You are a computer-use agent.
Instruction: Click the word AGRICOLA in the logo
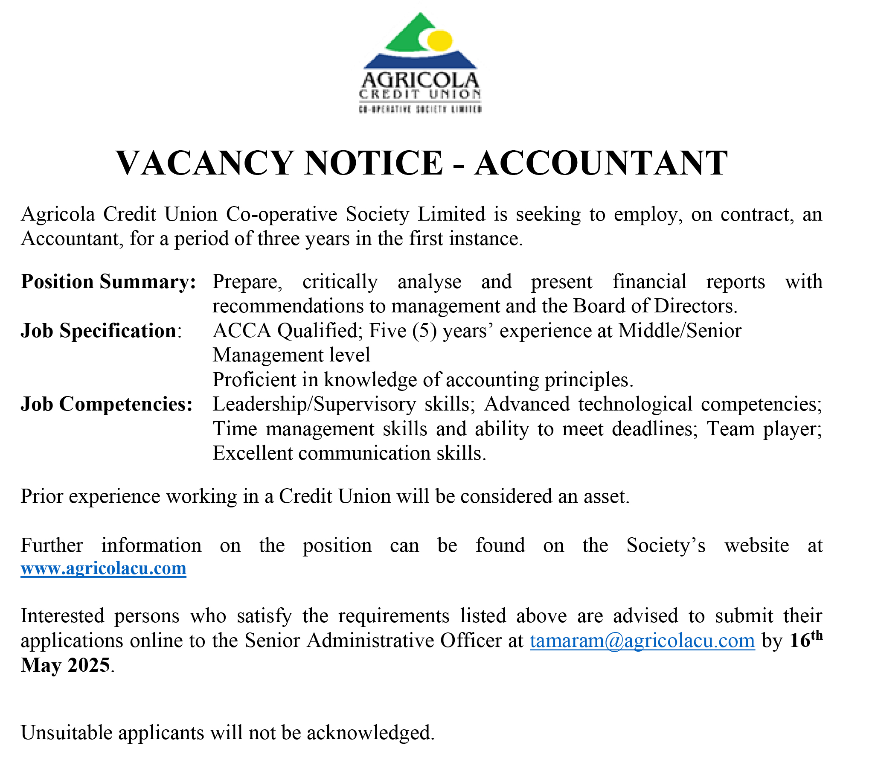tap(420, 81)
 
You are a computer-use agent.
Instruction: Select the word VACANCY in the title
tap(204, 163)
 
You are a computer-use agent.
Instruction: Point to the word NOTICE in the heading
tap(373, 163)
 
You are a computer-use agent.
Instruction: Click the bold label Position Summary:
tap(108, 282)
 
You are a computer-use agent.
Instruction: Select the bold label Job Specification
tap(99, 331)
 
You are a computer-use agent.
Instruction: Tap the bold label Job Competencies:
tap(107, 404)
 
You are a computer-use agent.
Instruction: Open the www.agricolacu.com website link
tap(104, 568)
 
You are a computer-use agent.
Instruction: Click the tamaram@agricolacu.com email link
tap(642, 641)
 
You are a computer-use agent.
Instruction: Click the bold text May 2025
tap(66, 665)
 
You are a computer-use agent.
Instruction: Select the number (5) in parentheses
tap(424, 331)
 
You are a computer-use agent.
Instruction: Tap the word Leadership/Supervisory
tap(314, 404)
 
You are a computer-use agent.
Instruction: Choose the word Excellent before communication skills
tap(252, 453)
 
